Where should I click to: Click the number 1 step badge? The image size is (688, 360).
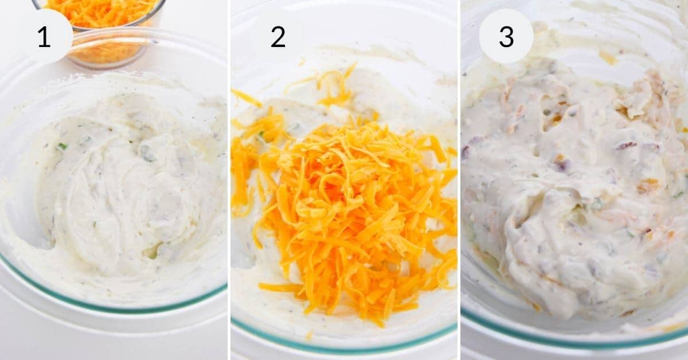45,36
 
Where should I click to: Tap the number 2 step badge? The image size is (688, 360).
277,36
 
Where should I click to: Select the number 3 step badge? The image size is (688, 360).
506,36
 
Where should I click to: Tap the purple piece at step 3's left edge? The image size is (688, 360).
466,151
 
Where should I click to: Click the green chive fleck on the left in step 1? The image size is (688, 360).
61,147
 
